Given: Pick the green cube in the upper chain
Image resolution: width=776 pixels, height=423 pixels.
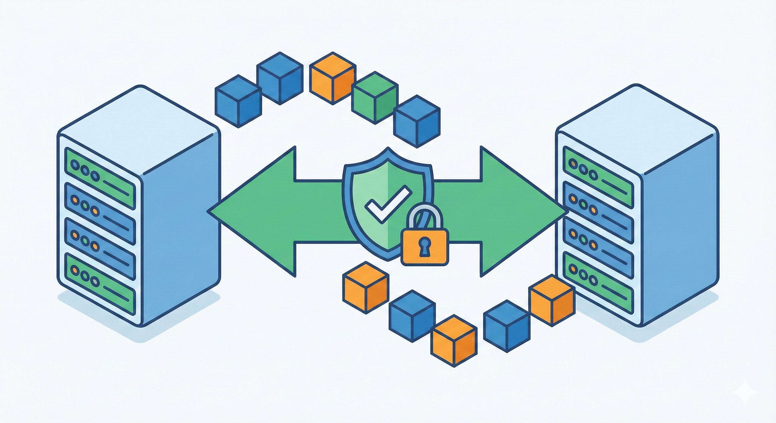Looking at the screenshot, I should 374,98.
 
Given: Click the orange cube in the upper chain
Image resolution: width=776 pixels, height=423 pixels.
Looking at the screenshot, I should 332,78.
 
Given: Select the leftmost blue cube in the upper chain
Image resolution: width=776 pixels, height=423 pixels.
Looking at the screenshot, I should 238,101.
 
